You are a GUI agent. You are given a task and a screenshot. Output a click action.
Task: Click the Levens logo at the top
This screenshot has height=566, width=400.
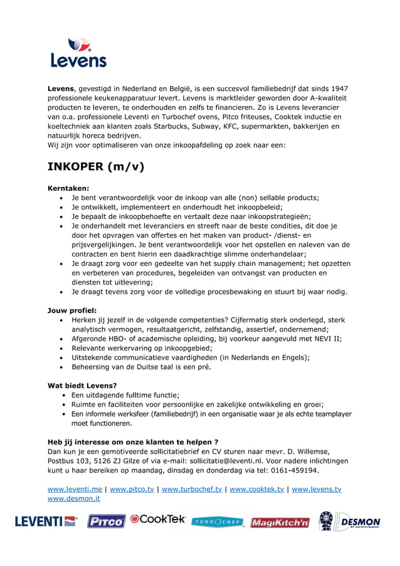coord(78,53)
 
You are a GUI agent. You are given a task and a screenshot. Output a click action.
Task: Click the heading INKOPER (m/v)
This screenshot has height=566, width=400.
coord(96,167)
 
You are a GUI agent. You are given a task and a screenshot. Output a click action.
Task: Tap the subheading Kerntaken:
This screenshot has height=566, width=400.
coord(68,188)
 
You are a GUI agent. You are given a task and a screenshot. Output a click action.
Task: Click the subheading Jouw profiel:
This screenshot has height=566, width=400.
coord(72,310)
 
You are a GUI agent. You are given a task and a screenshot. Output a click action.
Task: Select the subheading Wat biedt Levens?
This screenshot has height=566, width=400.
coord(82,385)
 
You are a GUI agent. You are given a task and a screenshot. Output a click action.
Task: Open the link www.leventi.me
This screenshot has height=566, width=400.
coord(75,489)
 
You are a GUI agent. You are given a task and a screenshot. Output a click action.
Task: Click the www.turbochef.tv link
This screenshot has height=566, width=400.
coord(191,489)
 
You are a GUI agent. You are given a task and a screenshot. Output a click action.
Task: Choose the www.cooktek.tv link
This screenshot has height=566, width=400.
coord(256,489)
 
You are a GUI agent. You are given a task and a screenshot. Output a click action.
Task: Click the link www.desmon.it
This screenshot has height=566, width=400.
coord(74,498)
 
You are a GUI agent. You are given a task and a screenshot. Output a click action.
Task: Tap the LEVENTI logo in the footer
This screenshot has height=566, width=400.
coord(46,521)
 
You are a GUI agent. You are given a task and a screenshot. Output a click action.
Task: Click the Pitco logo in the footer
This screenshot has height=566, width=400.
coord(105,521)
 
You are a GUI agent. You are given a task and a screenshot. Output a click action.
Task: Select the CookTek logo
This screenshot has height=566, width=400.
coord(158,520)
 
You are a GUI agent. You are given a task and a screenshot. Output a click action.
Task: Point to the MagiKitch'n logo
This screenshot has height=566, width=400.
coord(280,522)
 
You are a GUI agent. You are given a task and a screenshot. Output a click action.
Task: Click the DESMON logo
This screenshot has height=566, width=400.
coord(349,521)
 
